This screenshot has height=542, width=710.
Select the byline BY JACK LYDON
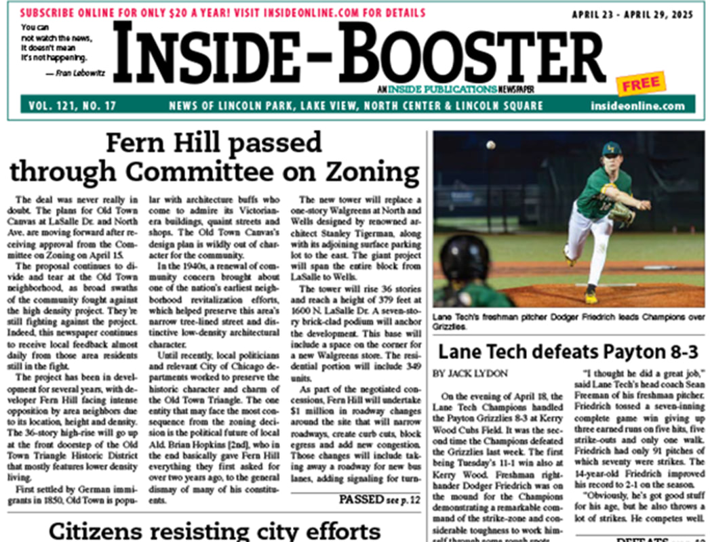coord(471,373)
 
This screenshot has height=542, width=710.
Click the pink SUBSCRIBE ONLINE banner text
coord(222,13)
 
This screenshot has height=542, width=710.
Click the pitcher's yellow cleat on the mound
coord(591,297)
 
